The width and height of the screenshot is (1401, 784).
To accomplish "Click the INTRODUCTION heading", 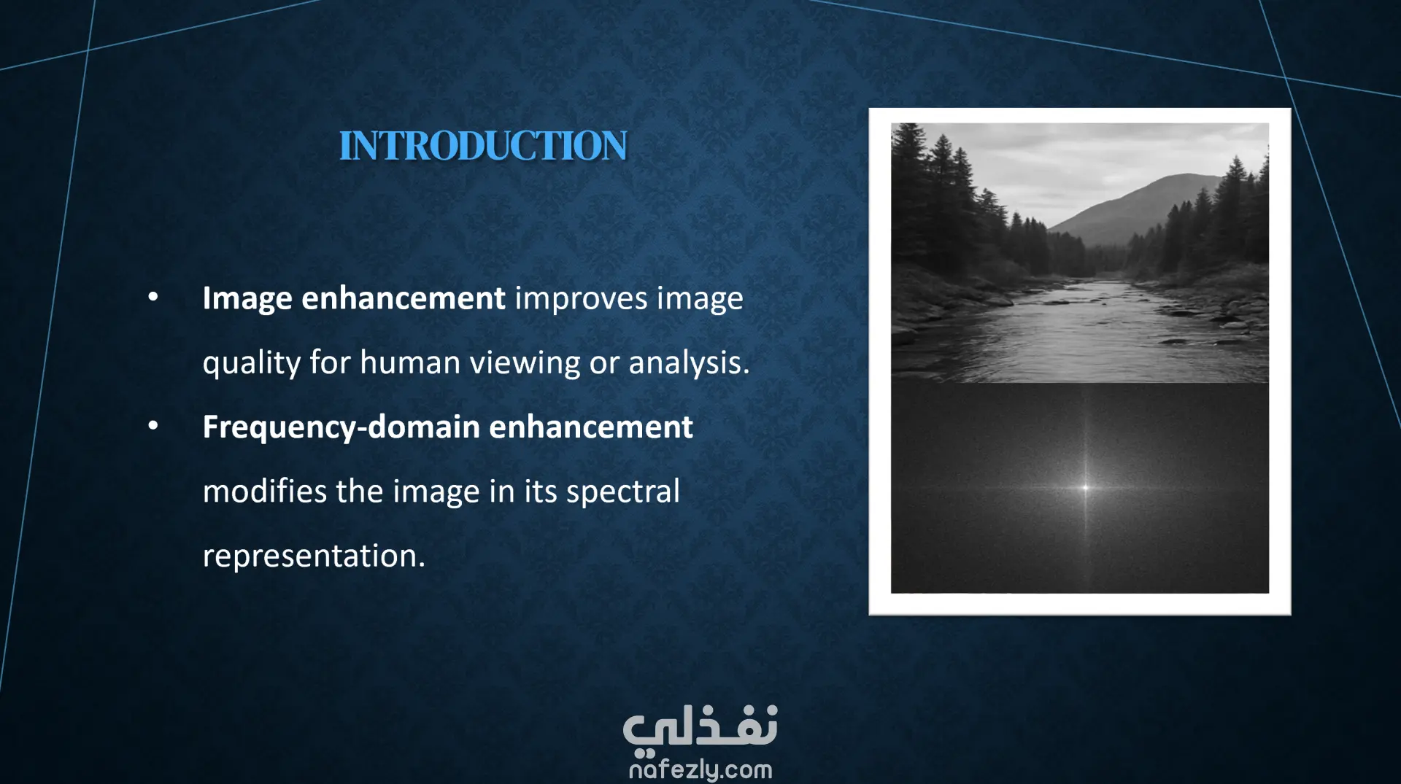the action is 483,146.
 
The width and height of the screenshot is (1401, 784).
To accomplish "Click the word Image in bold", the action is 247,299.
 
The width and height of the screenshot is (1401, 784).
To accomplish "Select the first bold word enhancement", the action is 404,298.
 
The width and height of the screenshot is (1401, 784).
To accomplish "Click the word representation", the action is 314,556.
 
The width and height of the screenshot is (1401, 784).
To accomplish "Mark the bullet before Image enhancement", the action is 153,297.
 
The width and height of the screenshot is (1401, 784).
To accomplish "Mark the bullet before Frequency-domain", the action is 153,426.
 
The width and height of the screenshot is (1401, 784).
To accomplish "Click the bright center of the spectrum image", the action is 1085,488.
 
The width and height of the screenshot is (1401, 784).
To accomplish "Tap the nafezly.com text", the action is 700,769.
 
